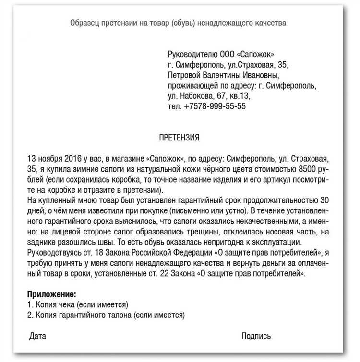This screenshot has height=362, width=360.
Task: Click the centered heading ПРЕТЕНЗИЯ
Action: tap(179, 138)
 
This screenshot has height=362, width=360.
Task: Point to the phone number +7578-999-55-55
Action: tap(215, 106)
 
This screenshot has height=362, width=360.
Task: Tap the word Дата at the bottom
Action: tap(37, 336)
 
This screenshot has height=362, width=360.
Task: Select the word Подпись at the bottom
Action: tap(256, 336)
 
